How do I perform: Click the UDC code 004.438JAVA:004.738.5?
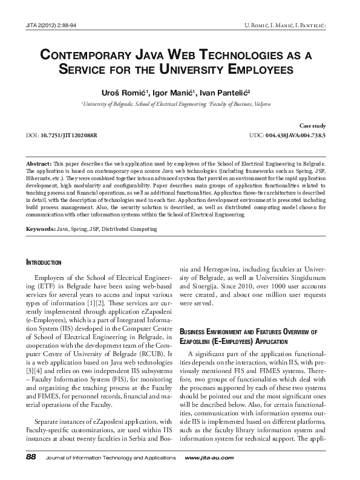(295, 135)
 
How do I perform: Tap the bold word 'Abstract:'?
(39, 164)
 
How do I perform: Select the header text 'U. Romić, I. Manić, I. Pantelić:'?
(286, 25)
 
